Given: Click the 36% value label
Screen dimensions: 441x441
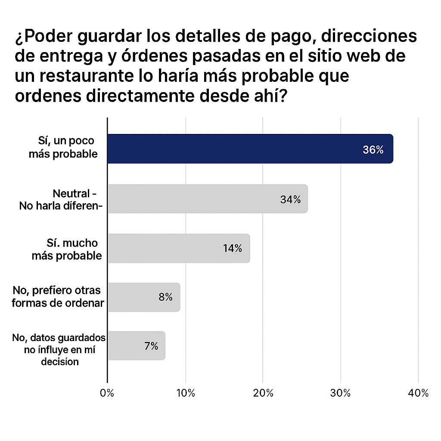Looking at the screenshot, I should pyautogui.click(x=373, y=150).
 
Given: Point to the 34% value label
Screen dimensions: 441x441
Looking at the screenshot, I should pyautogui.click(x=290, y=199).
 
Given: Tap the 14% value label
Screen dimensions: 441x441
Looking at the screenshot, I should pyautogui.click(x=233, y=248).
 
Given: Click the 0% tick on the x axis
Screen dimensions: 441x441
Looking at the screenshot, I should pyautogui.click(x=107, y=393).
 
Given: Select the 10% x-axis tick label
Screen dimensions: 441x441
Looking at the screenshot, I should pyautogui.click(x=186, y=393).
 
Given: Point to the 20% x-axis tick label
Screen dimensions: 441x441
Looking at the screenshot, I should pyautogui.click(x=263, y=393).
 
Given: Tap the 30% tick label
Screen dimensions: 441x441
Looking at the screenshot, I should pyautogui.click(x=341, y=393).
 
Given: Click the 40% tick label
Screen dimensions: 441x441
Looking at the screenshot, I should pyautogui.click(x=419, y=393).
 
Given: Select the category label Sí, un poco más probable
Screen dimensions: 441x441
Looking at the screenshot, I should pyautogui.click(x=64, y=147).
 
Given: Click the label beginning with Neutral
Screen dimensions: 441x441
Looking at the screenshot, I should pyautogui.click(x=60, y=199).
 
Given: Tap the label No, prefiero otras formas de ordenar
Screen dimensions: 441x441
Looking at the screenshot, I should pyautogui.click(x=58, y=296).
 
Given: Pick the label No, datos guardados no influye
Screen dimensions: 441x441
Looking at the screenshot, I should pyautogui.click(x=59, y=349).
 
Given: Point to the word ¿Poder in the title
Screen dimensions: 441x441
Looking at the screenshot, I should pyautogui.click(x=43, y=37).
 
